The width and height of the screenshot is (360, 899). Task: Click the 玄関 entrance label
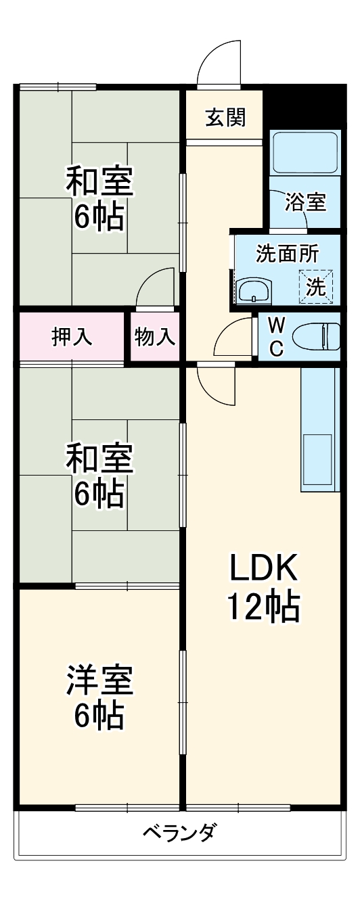click(225, 118)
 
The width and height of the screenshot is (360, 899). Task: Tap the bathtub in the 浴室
click(305, 153)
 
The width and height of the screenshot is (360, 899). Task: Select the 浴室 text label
click(305, 202)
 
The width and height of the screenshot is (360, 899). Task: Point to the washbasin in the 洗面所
click(254, 292)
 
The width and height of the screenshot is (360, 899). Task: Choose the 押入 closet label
click(72, 336)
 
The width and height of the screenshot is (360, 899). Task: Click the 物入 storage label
click(155, 336)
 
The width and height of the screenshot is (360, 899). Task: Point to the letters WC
click(277, 336)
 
